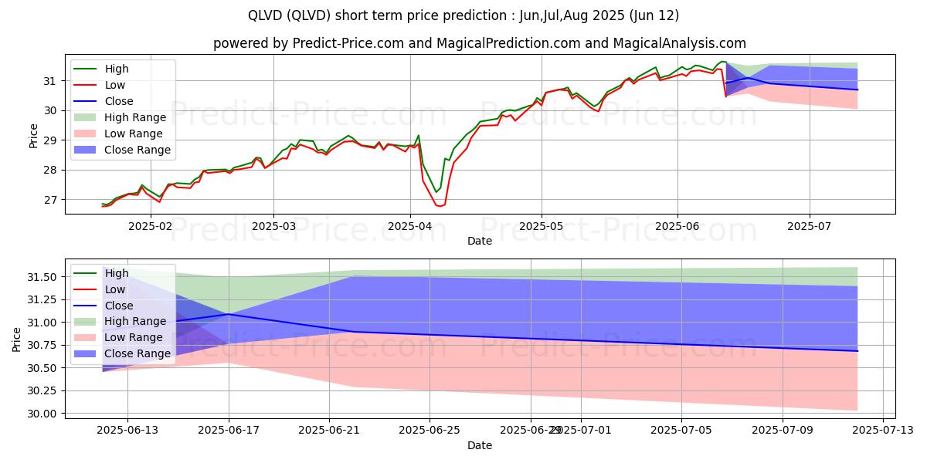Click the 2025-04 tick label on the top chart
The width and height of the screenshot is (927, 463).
(409, 227)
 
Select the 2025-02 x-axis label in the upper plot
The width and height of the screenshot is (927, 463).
(151, 227)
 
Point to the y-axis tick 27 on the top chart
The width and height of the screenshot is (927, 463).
(52, 200)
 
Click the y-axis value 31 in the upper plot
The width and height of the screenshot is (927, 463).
(52, 81)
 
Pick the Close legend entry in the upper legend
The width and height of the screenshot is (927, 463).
(118, 101)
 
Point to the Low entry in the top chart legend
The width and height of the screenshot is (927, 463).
(115, 85)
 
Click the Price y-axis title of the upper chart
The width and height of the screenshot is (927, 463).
(33, 136)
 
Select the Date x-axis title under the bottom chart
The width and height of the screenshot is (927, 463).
(480, 445)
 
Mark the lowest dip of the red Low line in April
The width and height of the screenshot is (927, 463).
(440, 206)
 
